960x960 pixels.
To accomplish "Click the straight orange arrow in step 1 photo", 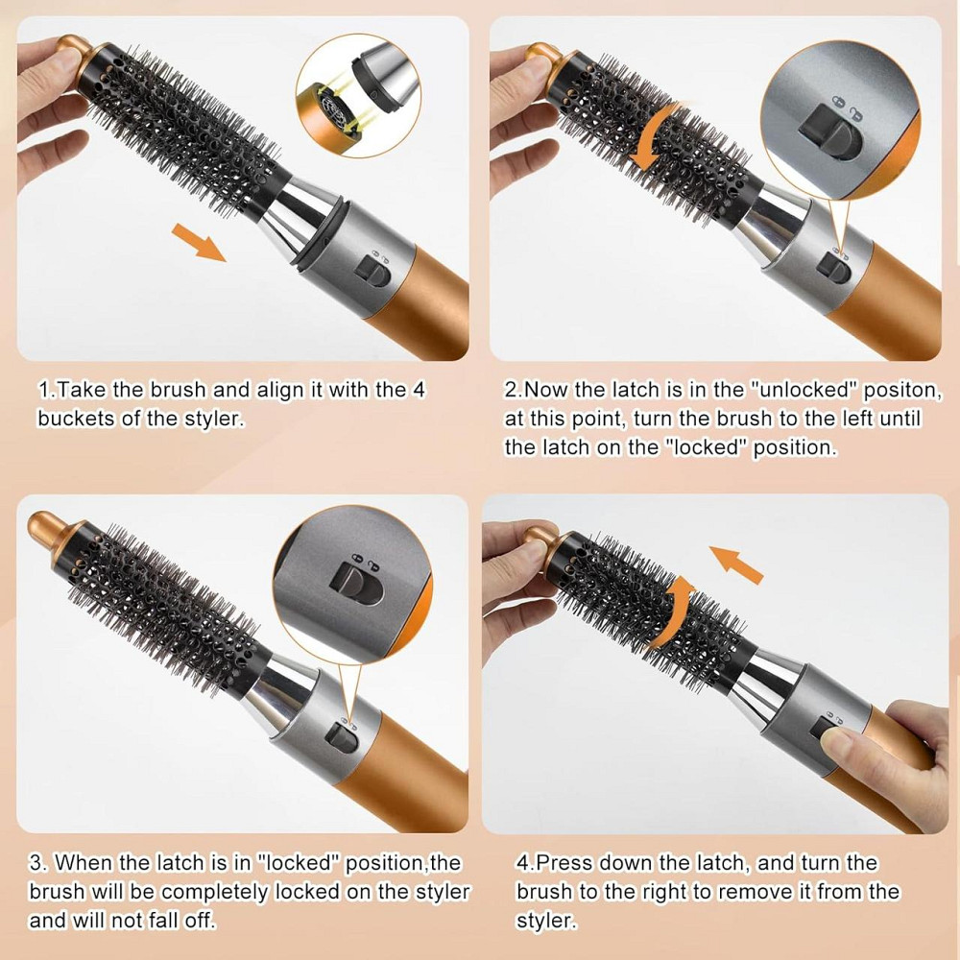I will (199, 240).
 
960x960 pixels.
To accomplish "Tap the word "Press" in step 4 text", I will (567, 863).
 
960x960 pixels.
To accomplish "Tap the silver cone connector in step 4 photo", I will (768, 684).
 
